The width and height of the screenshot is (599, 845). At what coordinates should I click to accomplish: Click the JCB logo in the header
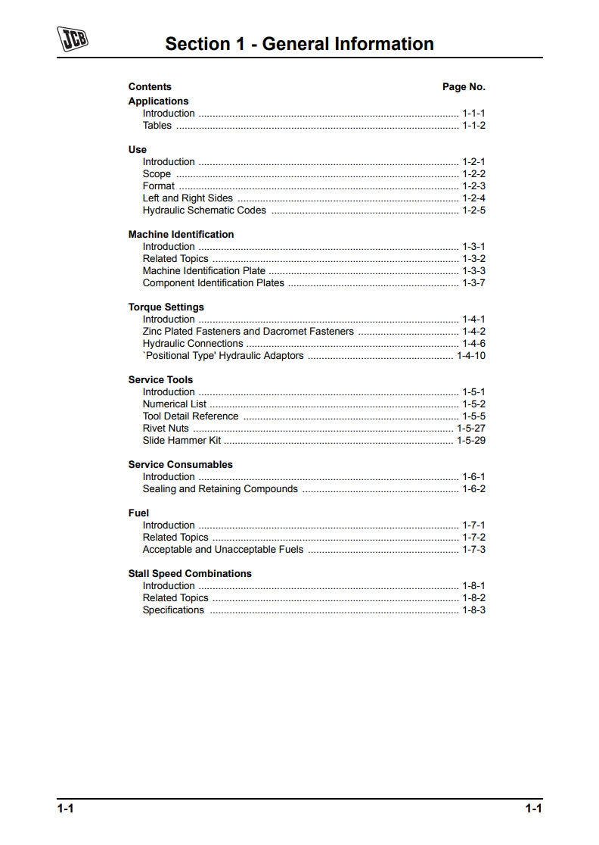pos(72,39)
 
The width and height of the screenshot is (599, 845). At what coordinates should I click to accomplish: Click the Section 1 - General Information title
pos(299,44)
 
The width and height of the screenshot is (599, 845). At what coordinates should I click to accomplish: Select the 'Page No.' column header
pos(464,87)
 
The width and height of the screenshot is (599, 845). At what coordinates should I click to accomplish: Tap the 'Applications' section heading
pos(158,101)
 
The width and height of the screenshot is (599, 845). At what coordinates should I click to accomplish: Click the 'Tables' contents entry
pos(157,126)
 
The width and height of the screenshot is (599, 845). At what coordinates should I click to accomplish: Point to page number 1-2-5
pos(474,210)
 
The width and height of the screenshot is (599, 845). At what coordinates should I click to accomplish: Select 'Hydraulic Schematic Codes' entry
pos(204,210)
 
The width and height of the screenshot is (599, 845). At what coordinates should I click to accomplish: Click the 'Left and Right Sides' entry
pos(188,198)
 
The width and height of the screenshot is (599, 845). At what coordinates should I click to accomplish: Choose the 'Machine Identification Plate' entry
pos(204,271)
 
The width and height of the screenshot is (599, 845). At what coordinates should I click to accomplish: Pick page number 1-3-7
pos(474,283)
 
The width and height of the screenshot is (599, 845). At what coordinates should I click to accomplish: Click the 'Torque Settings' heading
pos(166,307)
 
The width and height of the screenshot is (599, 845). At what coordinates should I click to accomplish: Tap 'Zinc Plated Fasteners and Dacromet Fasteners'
pos(248,332)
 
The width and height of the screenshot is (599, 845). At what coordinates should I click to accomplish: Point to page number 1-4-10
pos(471,356)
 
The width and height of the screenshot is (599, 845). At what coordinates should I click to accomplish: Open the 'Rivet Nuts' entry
pos(166,429)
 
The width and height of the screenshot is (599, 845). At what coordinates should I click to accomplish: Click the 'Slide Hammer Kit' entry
pos(182,441)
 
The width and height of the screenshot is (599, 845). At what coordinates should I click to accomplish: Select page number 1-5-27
pos(471,429)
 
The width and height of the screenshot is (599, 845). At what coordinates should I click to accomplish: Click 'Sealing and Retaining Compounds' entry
pos(220,489)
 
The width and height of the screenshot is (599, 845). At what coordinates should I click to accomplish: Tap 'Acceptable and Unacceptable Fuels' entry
pos(223,550)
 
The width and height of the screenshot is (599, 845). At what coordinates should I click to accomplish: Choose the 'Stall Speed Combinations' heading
pos(190,573)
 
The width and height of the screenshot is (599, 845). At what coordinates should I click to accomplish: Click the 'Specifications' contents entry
pos(173,610)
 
